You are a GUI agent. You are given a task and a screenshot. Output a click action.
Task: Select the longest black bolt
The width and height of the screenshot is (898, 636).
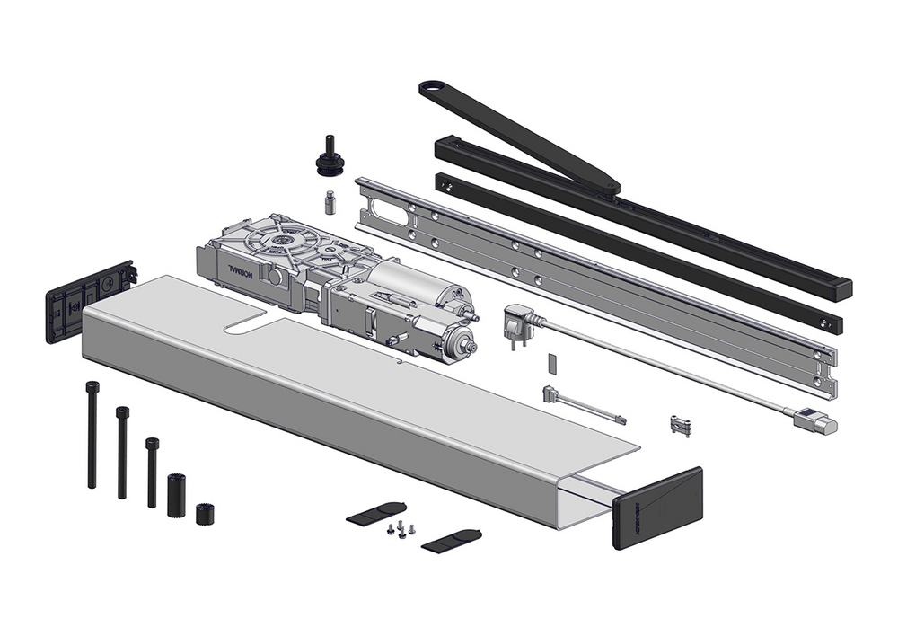tap(92, 435)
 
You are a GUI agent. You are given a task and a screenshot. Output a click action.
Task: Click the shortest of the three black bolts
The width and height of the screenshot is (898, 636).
tap(153, 472)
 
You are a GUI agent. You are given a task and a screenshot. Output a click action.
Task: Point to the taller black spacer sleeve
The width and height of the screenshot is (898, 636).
tap(176, 494)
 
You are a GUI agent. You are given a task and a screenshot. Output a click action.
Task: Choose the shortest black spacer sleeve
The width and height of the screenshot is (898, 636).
tap(206, 514)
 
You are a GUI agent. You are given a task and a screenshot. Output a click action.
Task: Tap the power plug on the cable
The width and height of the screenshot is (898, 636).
tap(518, 321)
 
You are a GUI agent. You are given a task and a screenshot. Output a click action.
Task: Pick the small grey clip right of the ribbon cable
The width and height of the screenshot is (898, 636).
tap(681, 425)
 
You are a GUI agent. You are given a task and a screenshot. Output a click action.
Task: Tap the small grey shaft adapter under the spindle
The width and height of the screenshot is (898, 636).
tap(330, 201)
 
